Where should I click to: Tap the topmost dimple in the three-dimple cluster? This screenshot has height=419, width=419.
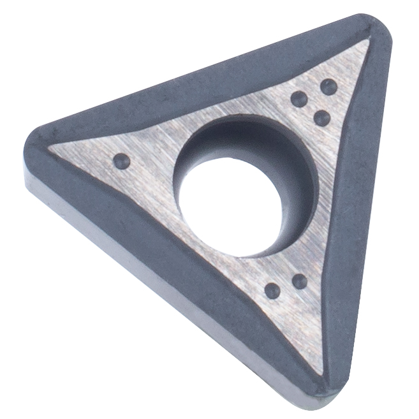tap(328, 87)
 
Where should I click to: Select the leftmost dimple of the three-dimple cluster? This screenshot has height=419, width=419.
tap(298, 99)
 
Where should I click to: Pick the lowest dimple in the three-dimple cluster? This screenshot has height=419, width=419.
tap(322, 117)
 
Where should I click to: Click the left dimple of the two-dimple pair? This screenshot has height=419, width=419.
tap(272, 291)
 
